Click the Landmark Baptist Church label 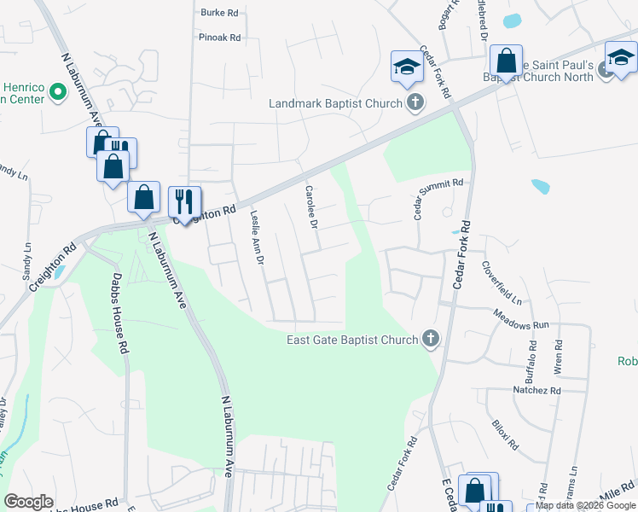(x=335, y=103)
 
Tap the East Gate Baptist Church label (x=351, y=340)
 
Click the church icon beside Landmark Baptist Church (x=415, y=103)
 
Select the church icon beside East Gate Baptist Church (x=431, y=340)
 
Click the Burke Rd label (x=219, y=13)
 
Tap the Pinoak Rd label (x=220, y=38)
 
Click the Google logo (x=28, y=502)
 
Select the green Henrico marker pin (x=58, y=90)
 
